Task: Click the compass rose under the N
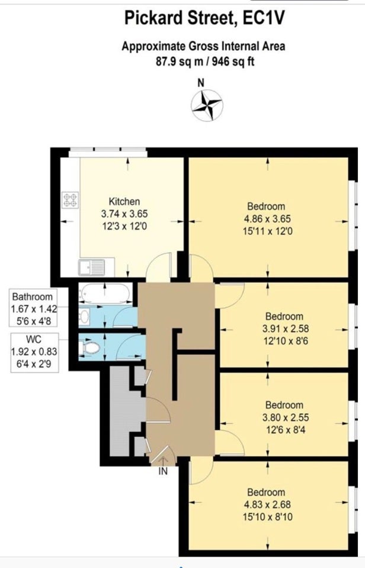207,105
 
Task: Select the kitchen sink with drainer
91,267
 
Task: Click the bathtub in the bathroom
105,293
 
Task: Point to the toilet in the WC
89,348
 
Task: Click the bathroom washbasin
84,316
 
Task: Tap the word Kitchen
124,201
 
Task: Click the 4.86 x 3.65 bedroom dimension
267,219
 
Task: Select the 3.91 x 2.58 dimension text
286,328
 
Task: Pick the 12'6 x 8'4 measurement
285,430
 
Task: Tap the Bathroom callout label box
33,308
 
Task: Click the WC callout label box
34,352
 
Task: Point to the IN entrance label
164,472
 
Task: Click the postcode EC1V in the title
264,18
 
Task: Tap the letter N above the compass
201,83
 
